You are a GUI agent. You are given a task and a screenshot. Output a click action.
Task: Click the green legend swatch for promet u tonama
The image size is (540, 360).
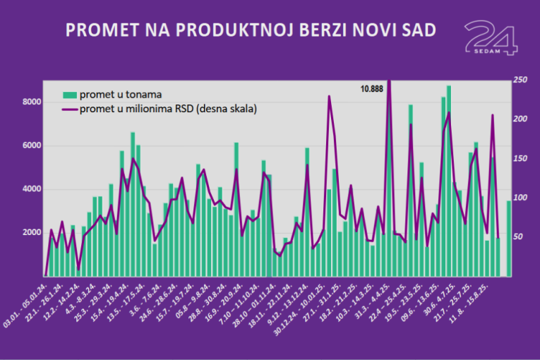pos(70,95)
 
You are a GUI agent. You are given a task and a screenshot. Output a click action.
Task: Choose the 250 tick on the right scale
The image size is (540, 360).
pos(520,80)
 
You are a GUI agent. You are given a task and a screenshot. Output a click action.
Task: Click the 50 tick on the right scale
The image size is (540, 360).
pos(518,237)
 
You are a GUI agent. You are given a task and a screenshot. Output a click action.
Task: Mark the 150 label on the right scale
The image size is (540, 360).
pos(520,159)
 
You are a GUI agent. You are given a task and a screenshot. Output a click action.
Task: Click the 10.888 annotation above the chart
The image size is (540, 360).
pos(371,89)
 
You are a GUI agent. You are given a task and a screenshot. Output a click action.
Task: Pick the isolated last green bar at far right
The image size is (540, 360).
pos(509,238)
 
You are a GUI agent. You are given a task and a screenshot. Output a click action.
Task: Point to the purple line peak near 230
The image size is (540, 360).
pos(329,97)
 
